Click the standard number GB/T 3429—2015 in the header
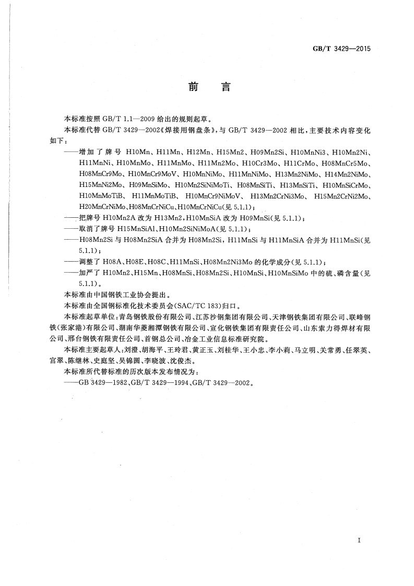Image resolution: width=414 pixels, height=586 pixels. click(340, 49)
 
